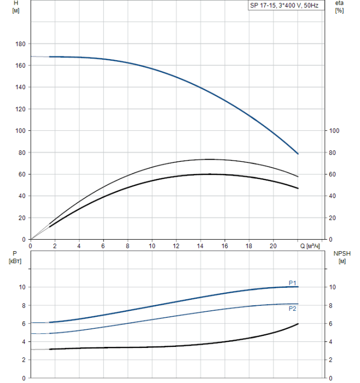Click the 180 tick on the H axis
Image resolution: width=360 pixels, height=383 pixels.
tap(21, 44)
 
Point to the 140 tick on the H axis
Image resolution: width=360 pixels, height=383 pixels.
tap(21, 87)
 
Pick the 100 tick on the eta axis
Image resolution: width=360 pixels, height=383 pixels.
tap(335, 131)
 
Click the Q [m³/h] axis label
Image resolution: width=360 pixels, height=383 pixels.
tap(313, 246)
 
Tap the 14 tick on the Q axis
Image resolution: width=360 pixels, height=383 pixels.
tap(200, 246)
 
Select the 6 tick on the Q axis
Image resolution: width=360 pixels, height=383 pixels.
tap(103, 246)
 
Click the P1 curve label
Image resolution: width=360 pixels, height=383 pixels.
tap(293, 282)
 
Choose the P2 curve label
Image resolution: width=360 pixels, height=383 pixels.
tap(293, 309)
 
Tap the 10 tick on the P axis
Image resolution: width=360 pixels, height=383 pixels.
tap(22, 287)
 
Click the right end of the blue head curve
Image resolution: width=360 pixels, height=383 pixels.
tap(298, 154)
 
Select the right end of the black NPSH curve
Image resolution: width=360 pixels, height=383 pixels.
tap(298, 324)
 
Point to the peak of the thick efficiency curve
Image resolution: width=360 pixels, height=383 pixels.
tap(208, 174)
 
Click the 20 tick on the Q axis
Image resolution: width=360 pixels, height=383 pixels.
tap(273, 246)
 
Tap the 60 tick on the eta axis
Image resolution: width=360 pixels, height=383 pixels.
tap(333, 174)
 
